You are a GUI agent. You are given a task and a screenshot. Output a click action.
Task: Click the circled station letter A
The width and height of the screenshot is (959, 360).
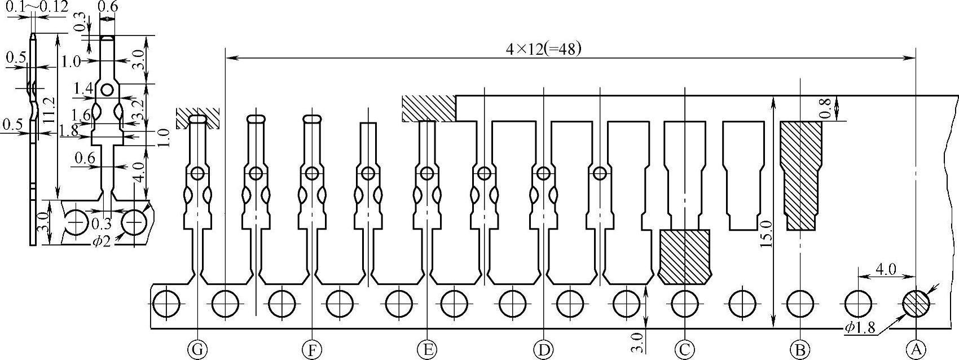(916, 350)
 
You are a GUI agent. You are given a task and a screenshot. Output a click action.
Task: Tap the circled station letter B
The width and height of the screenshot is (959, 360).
(800, 350)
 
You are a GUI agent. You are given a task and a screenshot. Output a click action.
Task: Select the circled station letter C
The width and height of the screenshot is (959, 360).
(684, 350)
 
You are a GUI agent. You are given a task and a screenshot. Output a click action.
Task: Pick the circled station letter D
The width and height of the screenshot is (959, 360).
(543, 350)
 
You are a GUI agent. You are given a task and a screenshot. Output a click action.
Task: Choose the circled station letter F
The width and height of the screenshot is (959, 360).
(311, 350)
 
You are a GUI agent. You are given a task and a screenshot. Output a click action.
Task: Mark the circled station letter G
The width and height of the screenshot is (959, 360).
(197, 350)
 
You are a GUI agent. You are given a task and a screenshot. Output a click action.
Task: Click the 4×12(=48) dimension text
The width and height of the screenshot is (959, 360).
(543, 50)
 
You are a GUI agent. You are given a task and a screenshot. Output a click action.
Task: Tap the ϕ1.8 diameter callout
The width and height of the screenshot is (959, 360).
(859, 328)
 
